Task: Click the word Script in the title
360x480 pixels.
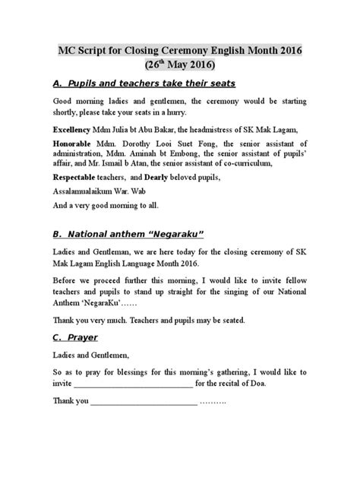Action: click(101, 51)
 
